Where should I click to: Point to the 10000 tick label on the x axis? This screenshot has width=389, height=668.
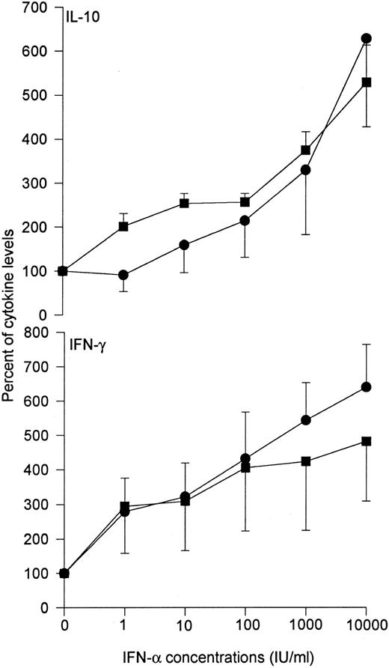tap(367, 624)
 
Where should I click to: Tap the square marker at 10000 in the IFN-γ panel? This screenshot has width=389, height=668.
tap(367, 441)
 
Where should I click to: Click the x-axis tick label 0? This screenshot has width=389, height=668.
tap(64, 624)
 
